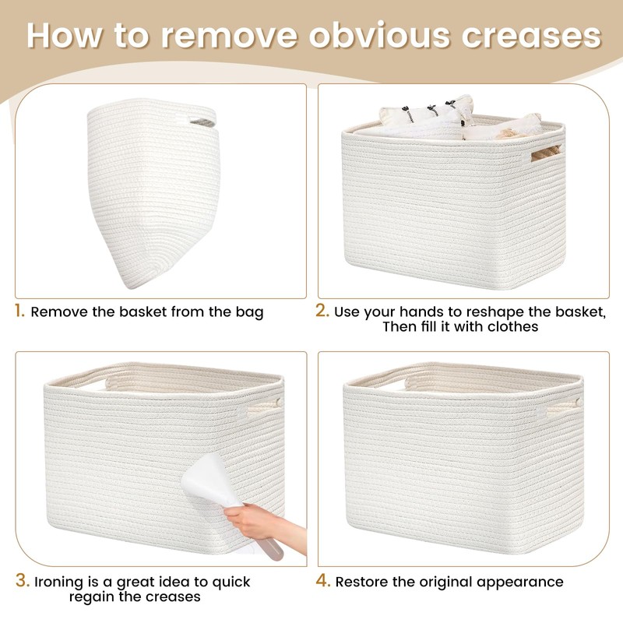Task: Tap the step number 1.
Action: (19, 311)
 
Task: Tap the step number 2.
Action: (322, 311)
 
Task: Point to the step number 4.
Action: (322, 581)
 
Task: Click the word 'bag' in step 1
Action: (249, 312)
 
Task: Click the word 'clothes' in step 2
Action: (505, 327)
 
